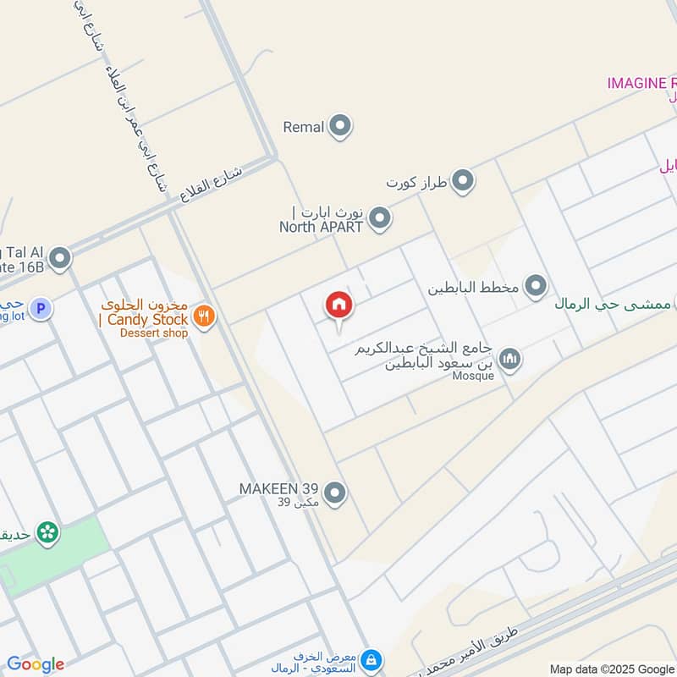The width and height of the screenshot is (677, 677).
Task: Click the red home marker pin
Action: (x=339, y=305)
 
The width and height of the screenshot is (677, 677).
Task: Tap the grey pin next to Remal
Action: (x=340, y=127)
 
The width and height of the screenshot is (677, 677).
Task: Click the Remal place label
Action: (x=304, y=128)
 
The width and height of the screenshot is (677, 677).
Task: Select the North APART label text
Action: (x=321, y=227)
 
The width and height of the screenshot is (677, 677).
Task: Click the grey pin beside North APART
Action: (x=380, y=218)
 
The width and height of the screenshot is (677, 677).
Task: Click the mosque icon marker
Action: (x=509, y=360)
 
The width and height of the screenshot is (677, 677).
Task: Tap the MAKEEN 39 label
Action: (x=278, y=489)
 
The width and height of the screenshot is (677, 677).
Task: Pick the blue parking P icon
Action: (x=41, y=308)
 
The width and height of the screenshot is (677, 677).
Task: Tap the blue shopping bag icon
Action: (x=372, y=659)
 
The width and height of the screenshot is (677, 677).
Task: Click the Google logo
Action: (x=36, y=664)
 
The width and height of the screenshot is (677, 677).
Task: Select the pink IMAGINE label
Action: (x=641, y=83)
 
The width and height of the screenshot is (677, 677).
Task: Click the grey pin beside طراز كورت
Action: (x=462, y=181)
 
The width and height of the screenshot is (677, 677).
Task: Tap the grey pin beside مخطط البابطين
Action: (x=535, y=287)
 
